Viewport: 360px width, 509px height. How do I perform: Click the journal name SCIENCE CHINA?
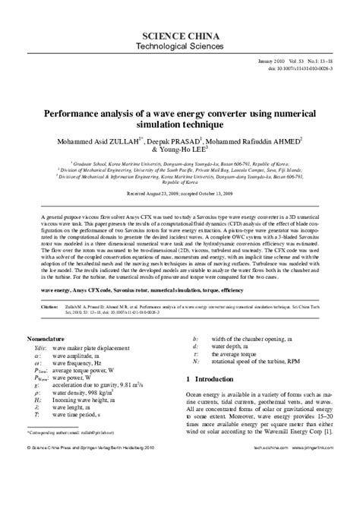click(x=180, y=36)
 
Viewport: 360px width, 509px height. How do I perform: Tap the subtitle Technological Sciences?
click(x=180, y=48)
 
